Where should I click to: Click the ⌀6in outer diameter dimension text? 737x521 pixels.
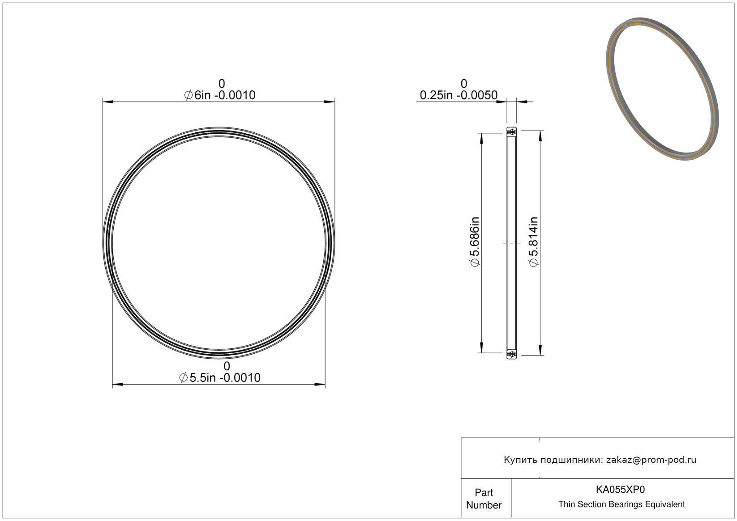tap(220, 95)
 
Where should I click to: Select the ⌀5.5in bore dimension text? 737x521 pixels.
tap(220, 378)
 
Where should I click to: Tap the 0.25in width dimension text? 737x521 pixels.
tap(458, 95)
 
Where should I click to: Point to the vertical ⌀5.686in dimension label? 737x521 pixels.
tap(475, 242)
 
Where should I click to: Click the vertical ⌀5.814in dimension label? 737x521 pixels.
tap(533, 242)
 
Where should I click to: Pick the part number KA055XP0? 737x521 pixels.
tap(621, 489)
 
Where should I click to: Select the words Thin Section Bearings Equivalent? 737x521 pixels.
tap(621, 504)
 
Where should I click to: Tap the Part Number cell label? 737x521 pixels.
tap(484, 499)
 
